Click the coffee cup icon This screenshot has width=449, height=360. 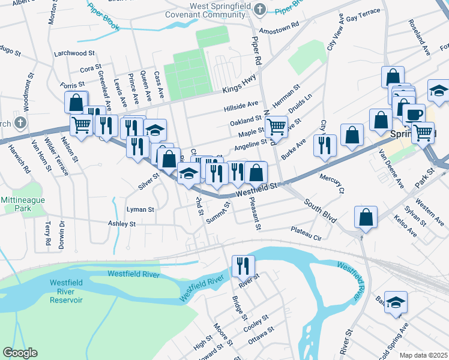pos(412,114)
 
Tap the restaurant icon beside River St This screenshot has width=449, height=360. pos(243,265)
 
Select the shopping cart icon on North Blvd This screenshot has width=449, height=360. pos(276,127)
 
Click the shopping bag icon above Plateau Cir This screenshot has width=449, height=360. pos(366,217)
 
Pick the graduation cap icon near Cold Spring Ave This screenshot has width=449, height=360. pos(396,302)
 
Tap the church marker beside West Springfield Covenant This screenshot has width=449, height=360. pos(260,9)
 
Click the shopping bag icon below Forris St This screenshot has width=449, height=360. pos(76,101)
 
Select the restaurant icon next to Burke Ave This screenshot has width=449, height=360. pos(325,145)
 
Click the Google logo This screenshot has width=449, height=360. pos(20,353)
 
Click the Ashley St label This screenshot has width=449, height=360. pos(122,224)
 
